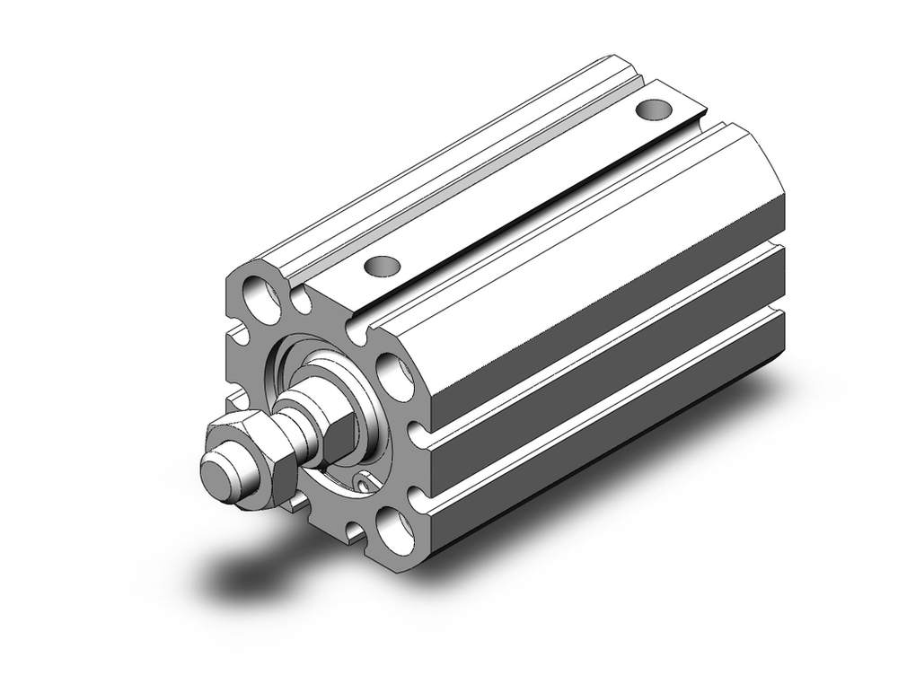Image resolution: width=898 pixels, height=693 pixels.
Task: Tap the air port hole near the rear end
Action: click(x=653, y=110)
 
